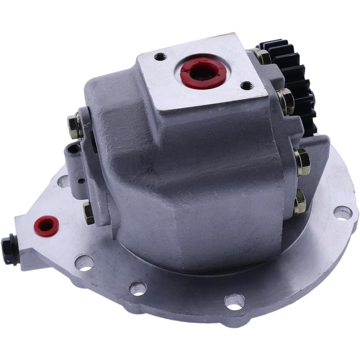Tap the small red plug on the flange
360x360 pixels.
pos(46,225)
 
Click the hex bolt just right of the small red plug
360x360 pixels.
pos(89,212)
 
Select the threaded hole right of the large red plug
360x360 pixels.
pos(246,86)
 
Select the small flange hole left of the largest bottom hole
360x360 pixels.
pos(138,288)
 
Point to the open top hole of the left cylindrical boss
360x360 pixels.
pos(75,148)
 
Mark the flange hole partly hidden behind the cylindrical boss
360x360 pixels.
pos(63,181)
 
